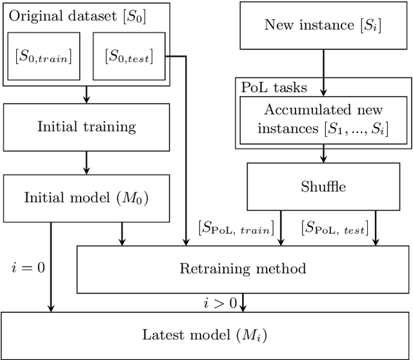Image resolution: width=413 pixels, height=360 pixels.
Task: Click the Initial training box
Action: point(86,126)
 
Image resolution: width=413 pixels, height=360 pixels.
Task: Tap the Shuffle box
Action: point(323,187)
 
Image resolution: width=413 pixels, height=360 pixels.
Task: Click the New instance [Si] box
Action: point(323,26)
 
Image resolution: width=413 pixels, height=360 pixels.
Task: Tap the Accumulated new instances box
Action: point(323,119)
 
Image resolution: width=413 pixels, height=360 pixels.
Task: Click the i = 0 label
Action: point(28,266)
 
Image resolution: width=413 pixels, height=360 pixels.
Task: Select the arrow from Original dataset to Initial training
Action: point(86,94)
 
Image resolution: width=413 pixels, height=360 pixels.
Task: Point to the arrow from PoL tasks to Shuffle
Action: point(323,155)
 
